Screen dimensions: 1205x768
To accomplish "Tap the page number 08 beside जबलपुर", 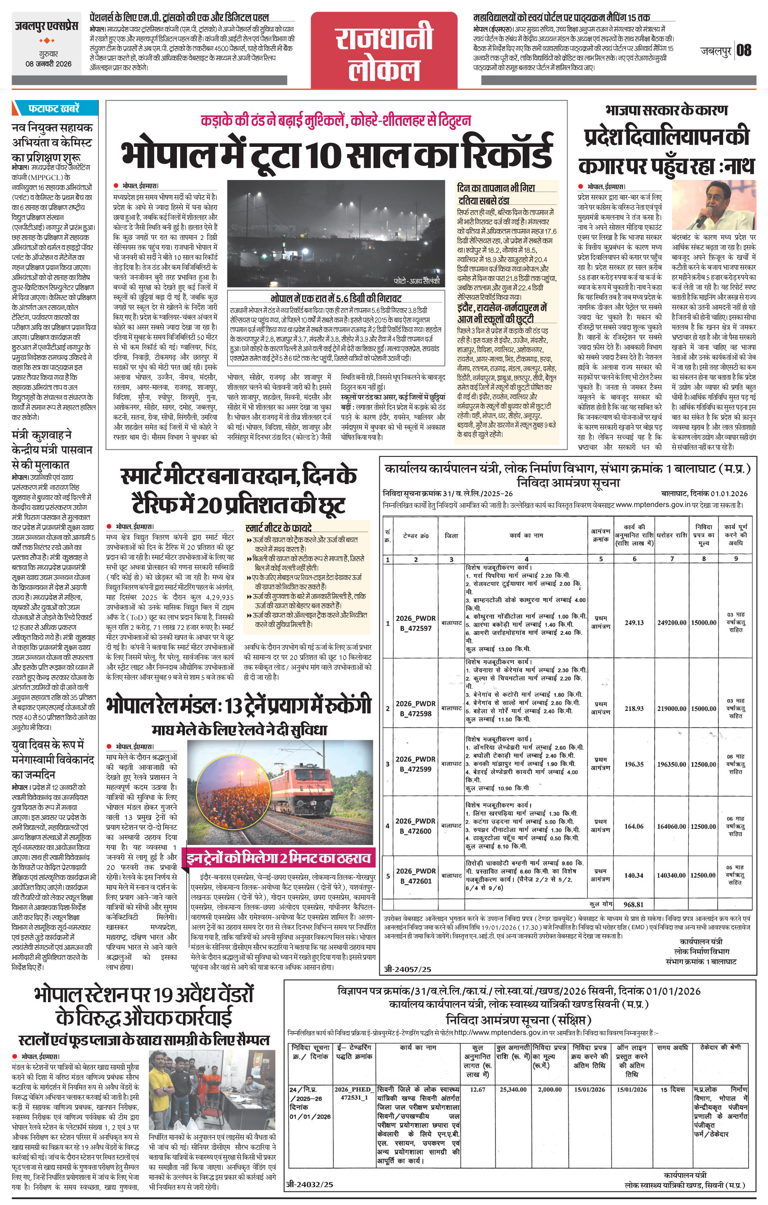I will [744, 50].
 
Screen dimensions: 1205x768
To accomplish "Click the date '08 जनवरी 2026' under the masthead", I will [48, 64].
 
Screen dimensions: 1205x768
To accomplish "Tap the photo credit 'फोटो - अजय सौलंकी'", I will [416, 281].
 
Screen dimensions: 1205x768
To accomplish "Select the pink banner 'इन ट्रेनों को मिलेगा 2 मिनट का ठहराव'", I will [279, 859].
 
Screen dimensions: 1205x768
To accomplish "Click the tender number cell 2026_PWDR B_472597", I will [415, 623].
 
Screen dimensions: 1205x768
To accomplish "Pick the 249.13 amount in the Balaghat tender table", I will [634, 623].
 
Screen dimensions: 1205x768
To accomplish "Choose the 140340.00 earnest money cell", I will [672, 875].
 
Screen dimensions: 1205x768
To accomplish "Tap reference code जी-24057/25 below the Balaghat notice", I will [407, 969].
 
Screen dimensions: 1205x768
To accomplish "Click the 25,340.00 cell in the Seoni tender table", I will [513, 1089].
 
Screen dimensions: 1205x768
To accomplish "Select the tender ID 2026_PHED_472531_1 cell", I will [353, 1093].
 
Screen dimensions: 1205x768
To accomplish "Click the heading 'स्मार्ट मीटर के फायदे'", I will [279, 527].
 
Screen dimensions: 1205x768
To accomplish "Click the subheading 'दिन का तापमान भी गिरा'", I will [495, 188].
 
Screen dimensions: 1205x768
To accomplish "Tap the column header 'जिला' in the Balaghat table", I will [451, 535].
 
